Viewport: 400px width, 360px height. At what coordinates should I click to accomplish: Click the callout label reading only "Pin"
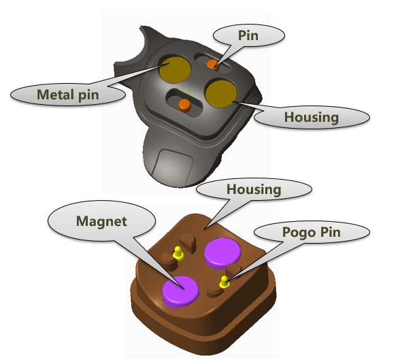tap(248, 35)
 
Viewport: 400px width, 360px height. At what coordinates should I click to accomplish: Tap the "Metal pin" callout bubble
tap(68, 95)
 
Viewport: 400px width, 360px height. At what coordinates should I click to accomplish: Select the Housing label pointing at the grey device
tap(312, 117)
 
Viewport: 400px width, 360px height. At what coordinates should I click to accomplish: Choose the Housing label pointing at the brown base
tap(254, 189)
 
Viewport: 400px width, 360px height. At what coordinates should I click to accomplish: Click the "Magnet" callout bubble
tap(101, 221)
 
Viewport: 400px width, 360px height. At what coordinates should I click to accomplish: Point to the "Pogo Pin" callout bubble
tap(312, 232)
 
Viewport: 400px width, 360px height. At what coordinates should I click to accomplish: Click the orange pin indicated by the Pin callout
tap(213, 65)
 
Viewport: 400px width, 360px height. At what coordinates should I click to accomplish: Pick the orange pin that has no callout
tap(185, 105)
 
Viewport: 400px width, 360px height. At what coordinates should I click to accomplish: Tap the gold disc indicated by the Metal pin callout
tap(175, 70)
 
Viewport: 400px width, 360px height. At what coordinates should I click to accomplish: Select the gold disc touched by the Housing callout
tap(221, 94)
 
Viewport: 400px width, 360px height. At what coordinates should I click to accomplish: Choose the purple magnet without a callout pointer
tap(222, 253)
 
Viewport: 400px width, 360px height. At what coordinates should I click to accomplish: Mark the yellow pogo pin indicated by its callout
tap(224, 282)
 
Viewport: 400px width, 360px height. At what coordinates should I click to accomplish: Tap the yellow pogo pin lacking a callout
tap(178, 253)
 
